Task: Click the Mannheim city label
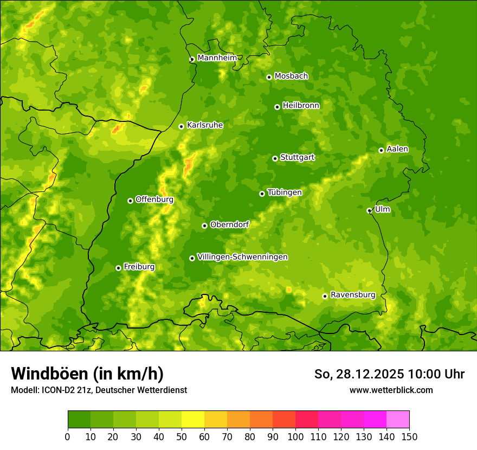(217, 58)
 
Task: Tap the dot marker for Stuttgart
(275, 158)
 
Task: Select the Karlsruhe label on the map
(204, 125)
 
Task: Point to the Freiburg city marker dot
(118, 268)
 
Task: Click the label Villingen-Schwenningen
(242, 257)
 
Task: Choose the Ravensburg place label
(352, 295)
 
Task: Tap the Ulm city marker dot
(369, 210)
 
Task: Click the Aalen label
(397, 149)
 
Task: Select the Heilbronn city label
(301, 106)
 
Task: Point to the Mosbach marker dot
(269, 77)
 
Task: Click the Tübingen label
(285, 192)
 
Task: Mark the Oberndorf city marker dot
(204, 226)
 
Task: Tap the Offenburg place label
(154, 200)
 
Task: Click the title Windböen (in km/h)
(87, 374)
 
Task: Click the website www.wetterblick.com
(391, 390)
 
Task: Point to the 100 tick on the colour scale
(295, 436)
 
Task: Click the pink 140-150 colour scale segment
(398, 420)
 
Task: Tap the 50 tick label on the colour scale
(182, 436)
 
